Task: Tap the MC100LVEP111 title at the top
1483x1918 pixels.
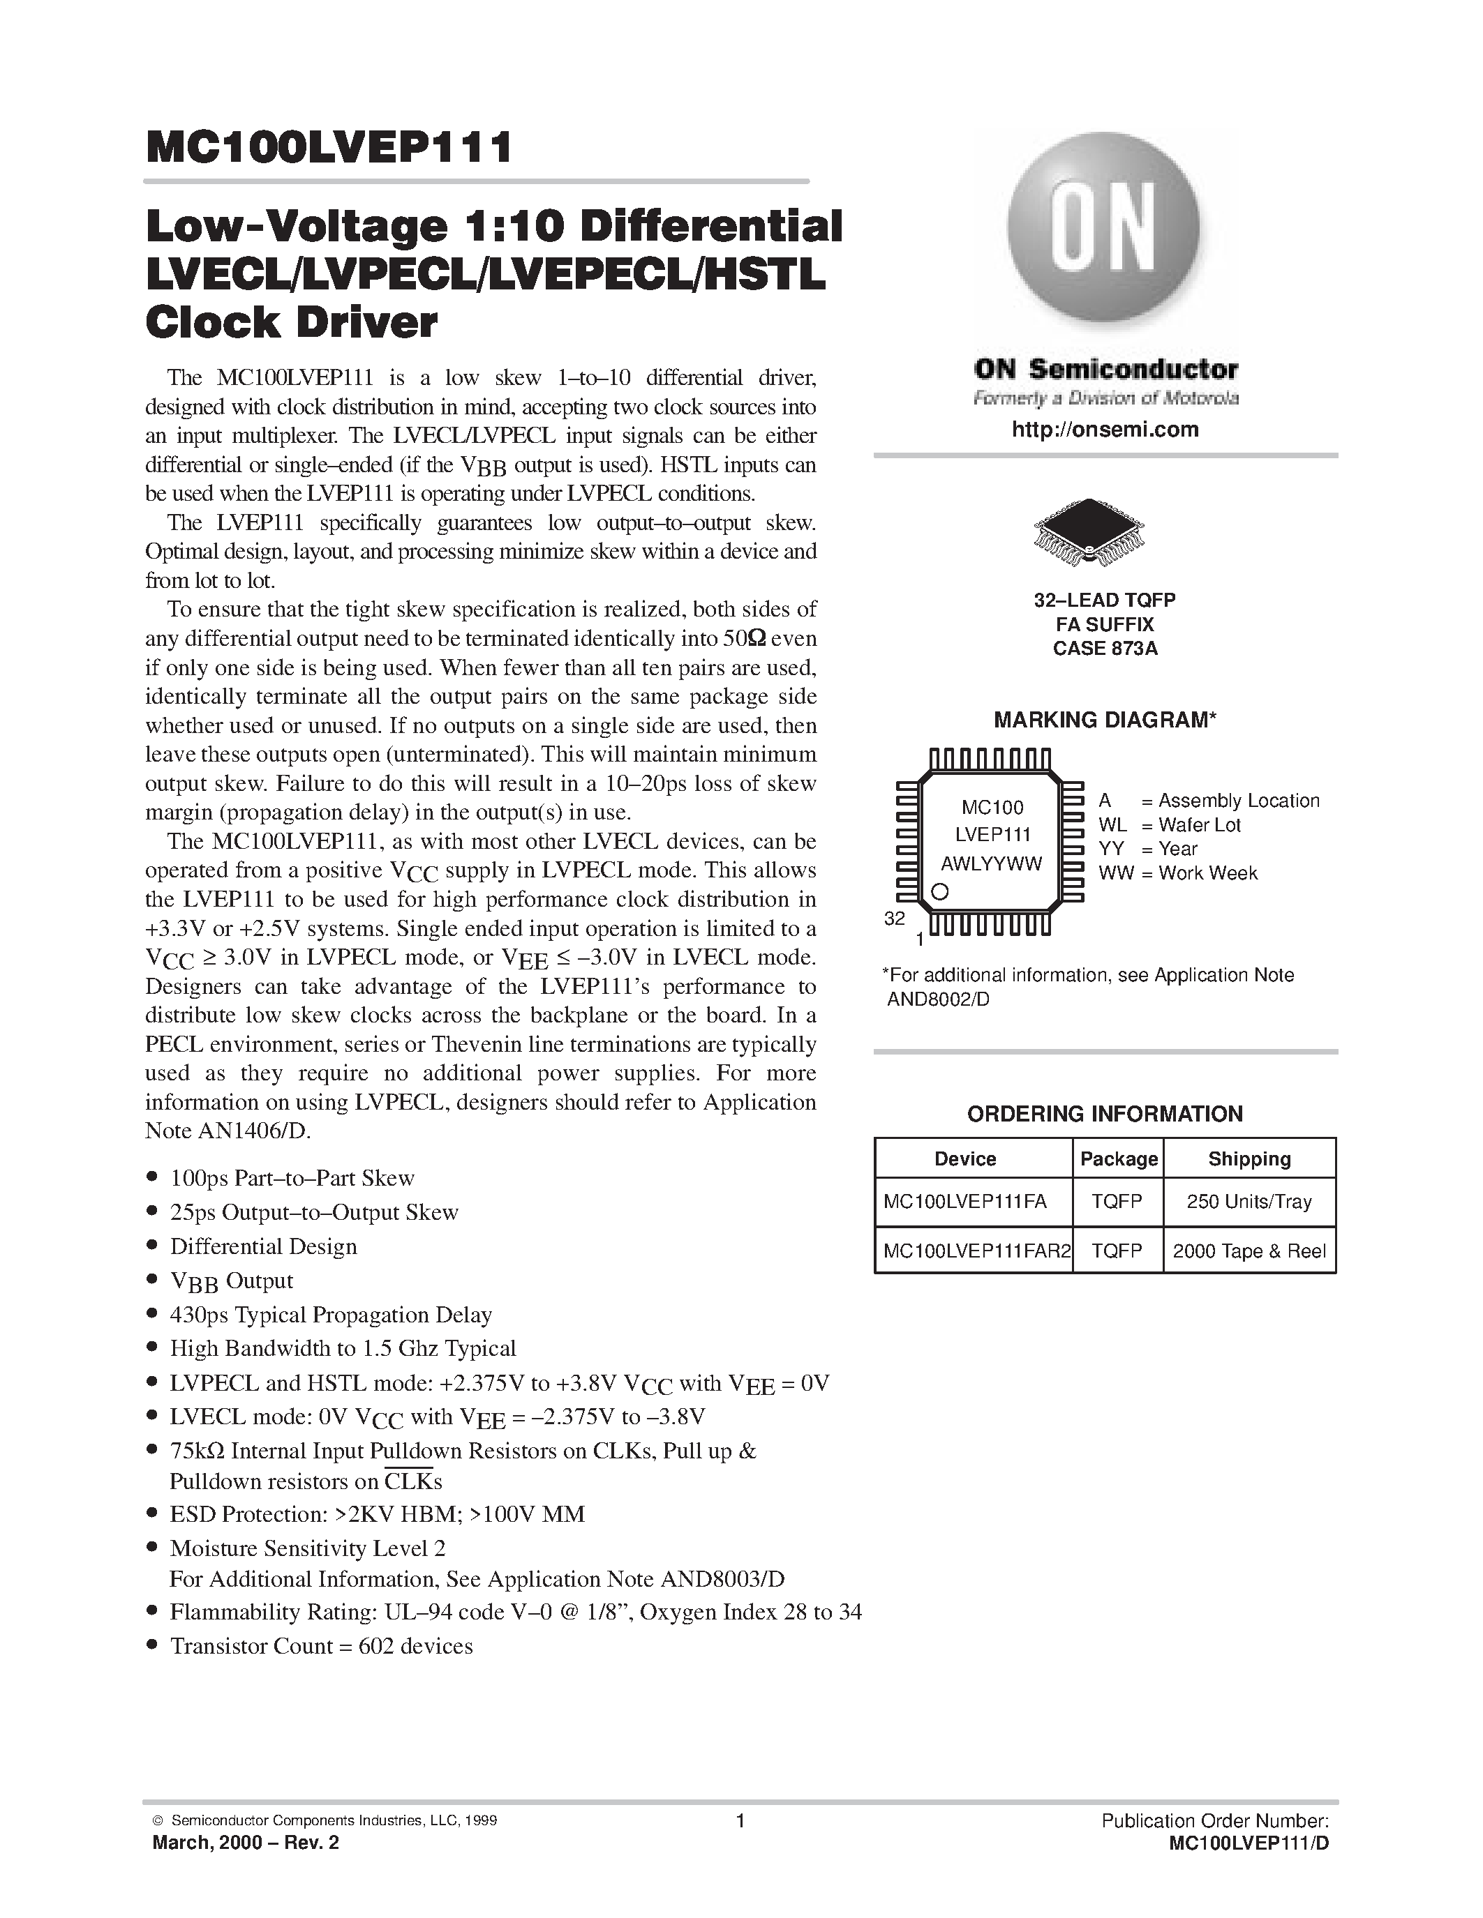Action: pos(329,149)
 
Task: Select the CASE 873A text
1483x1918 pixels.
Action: pos(1104,650)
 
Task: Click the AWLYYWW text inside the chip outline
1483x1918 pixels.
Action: pos(991,863)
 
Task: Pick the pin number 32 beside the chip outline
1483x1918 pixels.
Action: pos(895,919)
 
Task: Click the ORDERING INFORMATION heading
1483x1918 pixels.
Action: pos(1104,1114)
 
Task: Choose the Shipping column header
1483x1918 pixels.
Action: pos(1249,1158)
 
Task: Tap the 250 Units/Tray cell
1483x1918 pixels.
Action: pos(1249,1202)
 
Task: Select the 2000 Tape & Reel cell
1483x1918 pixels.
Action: pos(1249,1251)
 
